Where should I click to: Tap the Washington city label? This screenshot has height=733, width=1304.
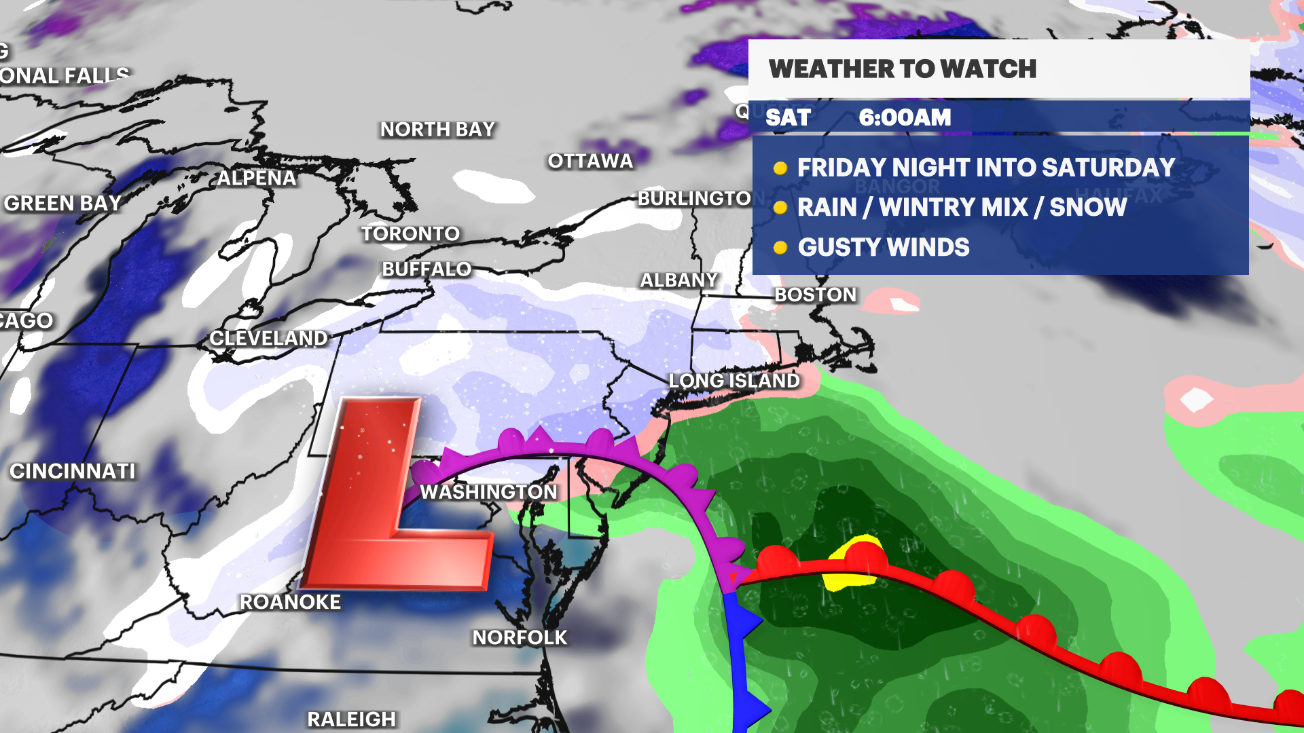(488, 492)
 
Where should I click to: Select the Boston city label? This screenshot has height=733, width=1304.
(815, 295)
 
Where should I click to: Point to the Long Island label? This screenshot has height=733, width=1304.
(734, 381)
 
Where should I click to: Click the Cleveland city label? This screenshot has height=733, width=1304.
(268, 338)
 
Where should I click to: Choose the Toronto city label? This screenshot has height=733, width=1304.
(410, 234)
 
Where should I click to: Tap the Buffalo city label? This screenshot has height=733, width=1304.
(427, 269)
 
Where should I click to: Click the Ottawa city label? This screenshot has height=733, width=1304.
(590, 162)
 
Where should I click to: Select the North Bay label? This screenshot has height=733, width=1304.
(437, 130)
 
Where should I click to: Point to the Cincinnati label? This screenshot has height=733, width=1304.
(73, 471)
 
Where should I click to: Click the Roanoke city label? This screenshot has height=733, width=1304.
(290, 602)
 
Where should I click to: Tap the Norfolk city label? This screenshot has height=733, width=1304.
(520, 638)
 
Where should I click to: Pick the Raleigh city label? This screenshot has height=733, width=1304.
(351, 719)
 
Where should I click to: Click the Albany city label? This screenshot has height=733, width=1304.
(678, 280)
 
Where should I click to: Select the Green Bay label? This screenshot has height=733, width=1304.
(62, 204)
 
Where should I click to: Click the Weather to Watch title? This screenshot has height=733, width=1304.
(902, 69)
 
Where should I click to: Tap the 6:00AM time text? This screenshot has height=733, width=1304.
(905, 117)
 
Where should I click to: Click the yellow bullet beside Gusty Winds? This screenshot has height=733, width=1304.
(780, 248)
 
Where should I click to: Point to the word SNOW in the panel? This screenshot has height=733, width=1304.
(1087, 208)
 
